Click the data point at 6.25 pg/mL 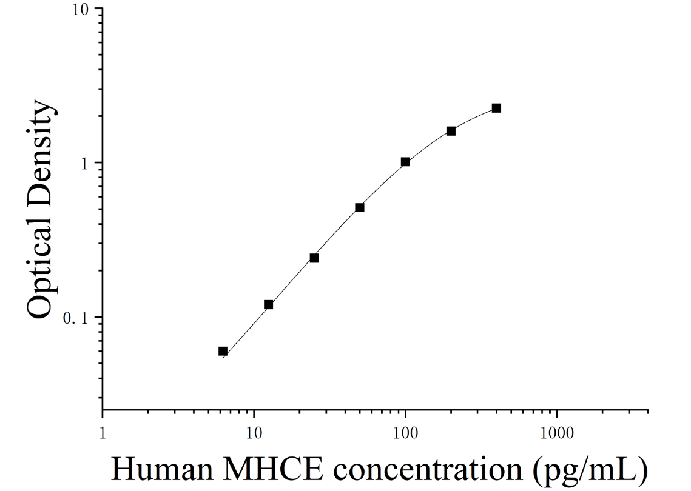223,351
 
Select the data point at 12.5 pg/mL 268,305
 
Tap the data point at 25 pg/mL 314,258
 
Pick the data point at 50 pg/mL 360,207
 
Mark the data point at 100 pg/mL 405,162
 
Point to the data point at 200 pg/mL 451,131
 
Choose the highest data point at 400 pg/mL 496,109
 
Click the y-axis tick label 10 81,9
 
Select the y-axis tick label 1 84,164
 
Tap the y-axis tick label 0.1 76,318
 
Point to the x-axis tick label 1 103,434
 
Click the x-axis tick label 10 254,434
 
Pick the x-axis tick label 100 405,434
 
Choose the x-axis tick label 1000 556,434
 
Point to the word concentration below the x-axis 428,469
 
